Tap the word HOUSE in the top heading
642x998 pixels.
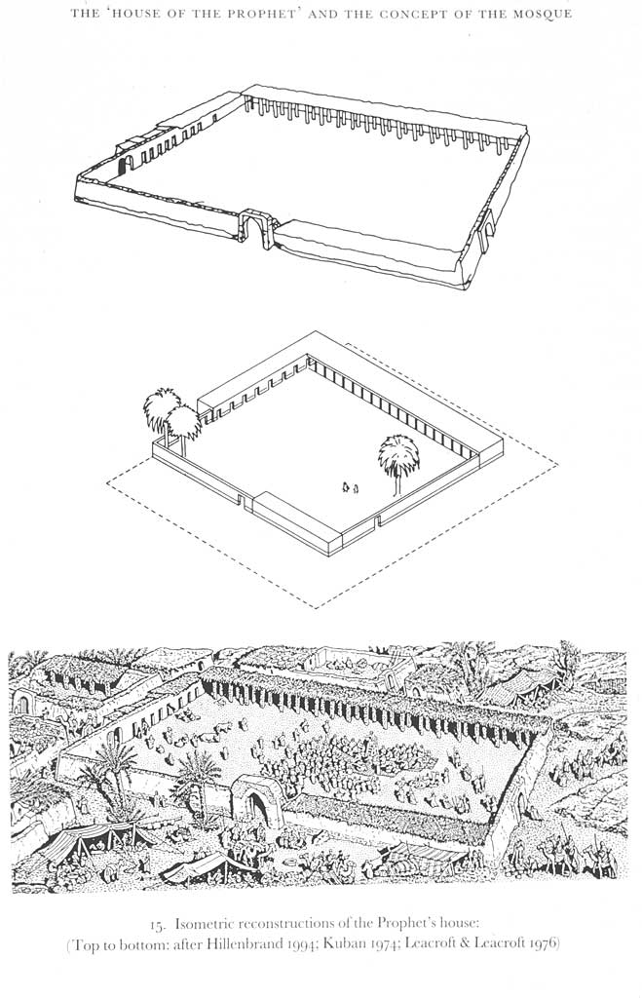(x=136, y=14)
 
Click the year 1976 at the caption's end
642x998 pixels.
(x=543, y=943)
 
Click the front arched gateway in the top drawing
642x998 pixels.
(x=258, y=230)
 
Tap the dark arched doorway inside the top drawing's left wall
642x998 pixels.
(x=126, y=164)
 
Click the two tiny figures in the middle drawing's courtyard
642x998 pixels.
(x=350, y=487)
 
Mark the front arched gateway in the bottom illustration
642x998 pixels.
(x=255, y=801)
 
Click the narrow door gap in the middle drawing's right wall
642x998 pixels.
(x=376, y=521)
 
